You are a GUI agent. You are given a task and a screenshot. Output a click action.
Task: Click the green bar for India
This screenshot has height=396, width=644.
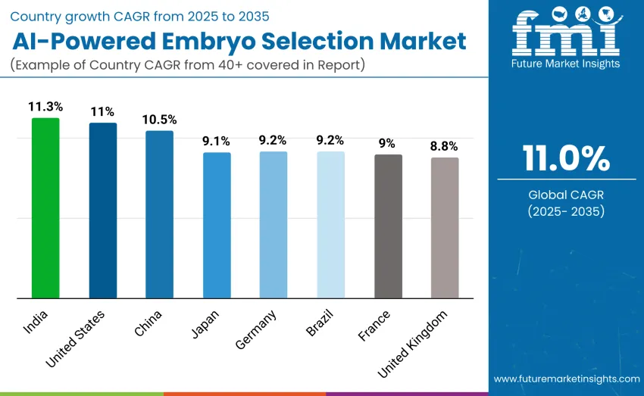tap(45, 208)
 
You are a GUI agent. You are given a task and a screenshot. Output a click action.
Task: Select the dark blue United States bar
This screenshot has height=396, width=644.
tap(103, 210)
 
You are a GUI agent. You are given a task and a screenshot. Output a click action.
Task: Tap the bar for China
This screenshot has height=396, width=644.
tap(159, 214)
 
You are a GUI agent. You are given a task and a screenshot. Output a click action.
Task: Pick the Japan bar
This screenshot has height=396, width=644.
tap(217, 225)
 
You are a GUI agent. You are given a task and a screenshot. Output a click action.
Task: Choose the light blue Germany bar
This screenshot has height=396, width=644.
tap(274, 225)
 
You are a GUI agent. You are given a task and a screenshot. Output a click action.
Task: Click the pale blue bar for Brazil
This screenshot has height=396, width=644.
tap(330, 225)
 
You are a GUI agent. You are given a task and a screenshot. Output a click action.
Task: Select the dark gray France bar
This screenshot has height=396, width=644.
tap(388, 226)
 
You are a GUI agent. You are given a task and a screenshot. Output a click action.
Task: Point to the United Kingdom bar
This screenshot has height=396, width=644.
tap(445, 228)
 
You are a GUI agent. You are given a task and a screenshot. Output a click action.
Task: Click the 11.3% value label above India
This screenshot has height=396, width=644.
tap(45, 107)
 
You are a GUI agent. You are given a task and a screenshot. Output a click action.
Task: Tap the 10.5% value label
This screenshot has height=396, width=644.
tap(159, 120)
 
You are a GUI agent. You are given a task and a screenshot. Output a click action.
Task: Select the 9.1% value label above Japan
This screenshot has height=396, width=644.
tap(217, 141)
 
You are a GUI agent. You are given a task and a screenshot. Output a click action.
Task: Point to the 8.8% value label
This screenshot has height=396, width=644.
tap(445, 146)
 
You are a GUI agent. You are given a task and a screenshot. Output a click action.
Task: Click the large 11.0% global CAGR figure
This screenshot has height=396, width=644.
tap(566, 159)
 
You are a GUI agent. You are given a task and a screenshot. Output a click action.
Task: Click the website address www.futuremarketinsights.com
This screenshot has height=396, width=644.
tap(566, 378)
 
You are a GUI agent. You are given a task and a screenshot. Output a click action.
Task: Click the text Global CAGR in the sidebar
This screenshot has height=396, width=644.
tap(566, 195)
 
